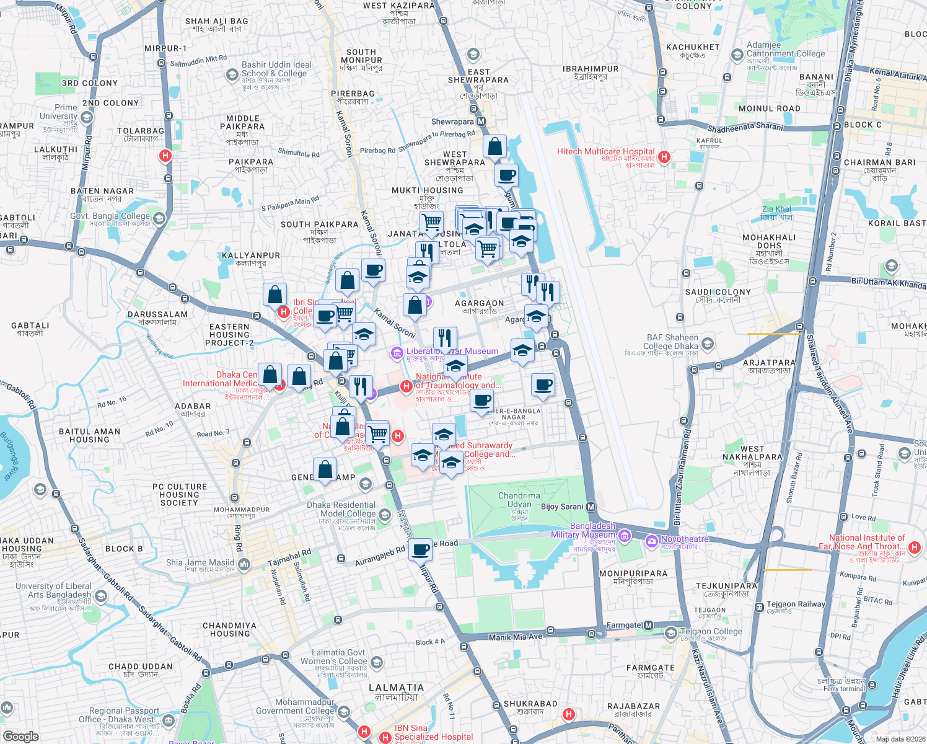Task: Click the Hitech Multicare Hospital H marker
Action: click(x=664, y=157)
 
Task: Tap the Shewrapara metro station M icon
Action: click(x=481, y=122)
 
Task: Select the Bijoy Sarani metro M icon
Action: click(x=591, y=507)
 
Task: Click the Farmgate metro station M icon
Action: click(x=648, y=625)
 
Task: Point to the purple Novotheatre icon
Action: click(x=651, y=542)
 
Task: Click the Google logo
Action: click(x=20, y=737)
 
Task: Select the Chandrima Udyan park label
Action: click(x=519, y=500)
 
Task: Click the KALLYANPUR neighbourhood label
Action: click(x=251, y=255)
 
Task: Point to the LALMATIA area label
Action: click(x=397, y=688)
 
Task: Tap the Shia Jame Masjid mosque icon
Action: click(x=244, y=564)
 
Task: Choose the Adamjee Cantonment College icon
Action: click(x=737, y=55)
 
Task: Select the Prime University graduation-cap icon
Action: click(x=87, y=117)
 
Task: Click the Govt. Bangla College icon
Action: click(x=159, y=218)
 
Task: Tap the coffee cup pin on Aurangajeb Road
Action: click(x=421, y=549)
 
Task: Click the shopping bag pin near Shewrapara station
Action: click(x=495, y=148)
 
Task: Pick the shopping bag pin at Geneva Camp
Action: click(x=325, y=471)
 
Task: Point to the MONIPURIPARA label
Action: click(x=633, y=573)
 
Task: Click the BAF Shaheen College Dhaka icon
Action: click(x=708, y=343)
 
